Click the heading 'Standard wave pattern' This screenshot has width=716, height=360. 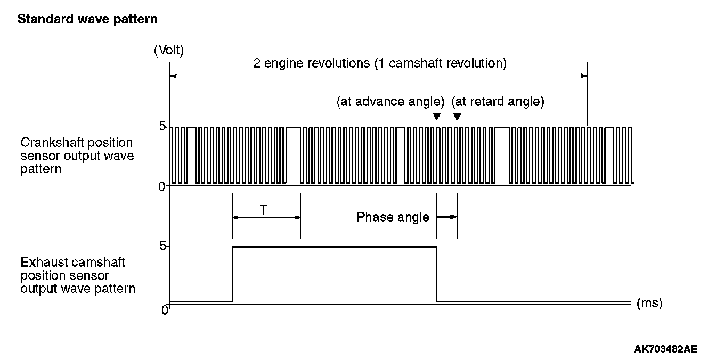[x=87, y=20]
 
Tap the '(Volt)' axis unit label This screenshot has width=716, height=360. [x=168, y=51]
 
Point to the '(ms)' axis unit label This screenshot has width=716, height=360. [x=649, y=304]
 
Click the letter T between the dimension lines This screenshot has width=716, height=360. [x=264, y=210]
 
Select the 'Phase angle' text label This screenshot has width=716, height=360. [x=393, y=217]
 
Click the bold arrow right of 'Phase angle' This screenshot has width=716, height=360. [x=447, y=217]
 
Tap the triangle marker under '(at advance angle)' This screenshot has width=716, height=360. [x=436, y=117]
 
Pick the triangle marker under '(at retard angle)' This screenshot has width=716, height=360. [x=457, y=117]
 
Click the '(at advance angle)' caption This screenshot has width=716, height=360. [x=390, y=102]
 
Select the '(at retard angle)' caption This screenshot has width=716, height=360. [x=497, y=102]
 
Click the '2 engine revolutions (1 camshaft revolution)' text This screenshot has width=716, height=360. [x=380, y=64]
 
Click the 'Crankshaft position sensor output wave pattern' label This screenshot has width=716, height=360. [x=77, y=156]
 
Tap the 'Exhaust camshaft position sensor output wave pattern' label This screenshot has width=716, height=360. [x=78, y=276]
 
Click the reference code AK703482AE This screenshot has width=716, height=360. [x=665, y=349]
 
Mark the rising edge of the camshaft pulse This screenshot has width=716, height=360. [x=232, y=274]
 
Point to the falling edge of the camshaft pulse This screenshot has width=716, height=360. [x=437, y=274]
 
